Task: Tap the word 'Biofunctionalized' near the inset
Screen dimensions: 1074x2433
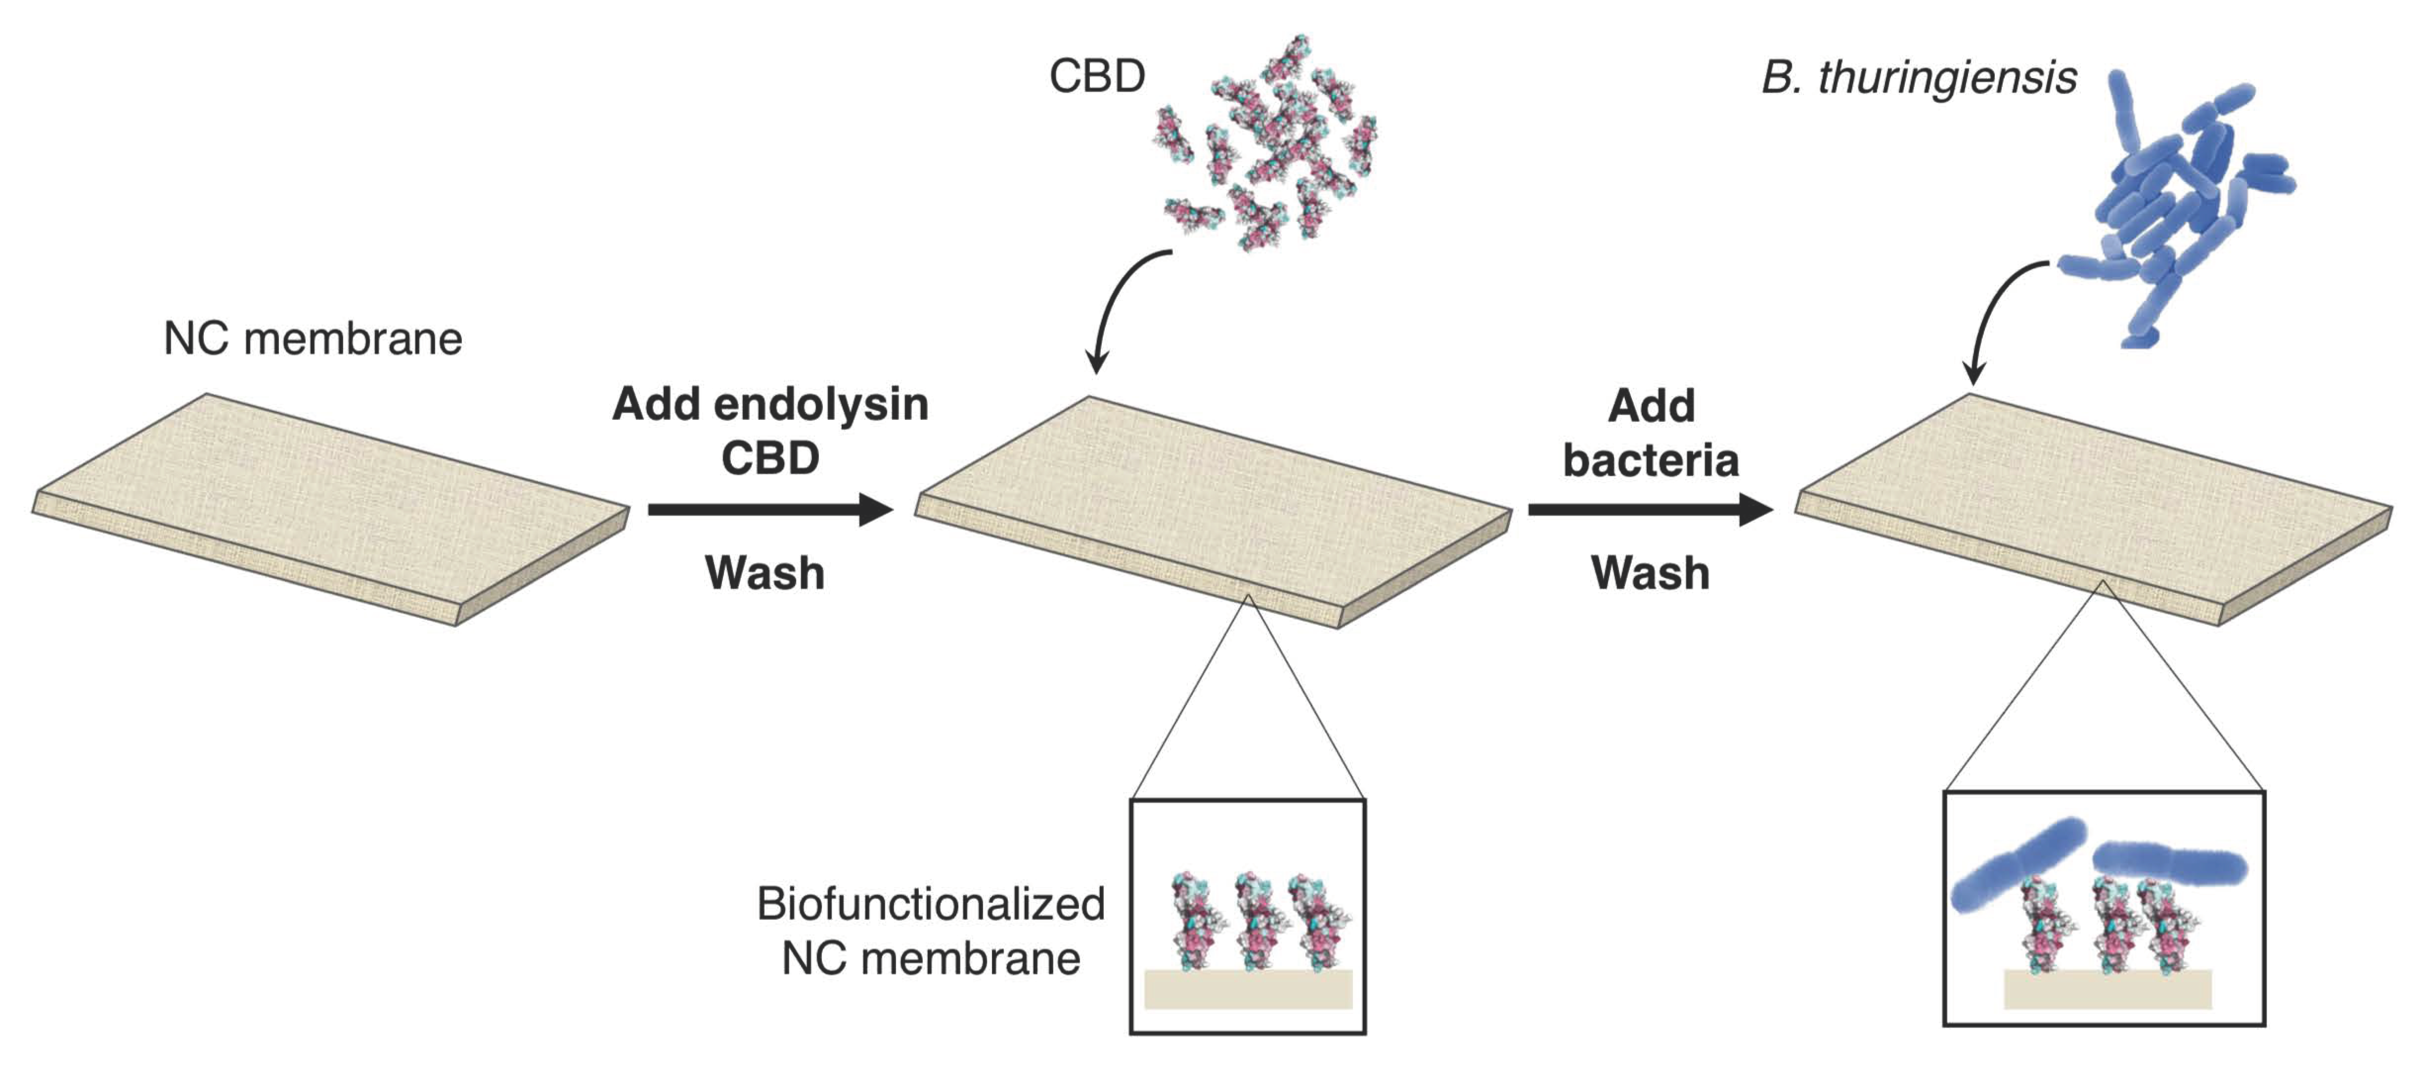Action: [x=930, y=904]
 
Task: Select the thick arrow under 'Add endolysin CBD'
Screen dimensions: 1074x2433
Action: [x=770, y=510]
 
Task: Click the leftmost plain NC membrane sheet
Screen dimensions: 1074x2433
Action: [x=330, y=505]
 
